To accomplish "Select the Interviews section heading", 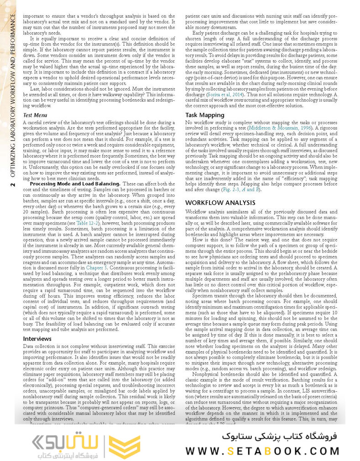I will point(37,339).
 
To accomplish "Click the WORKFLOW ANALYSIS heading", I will point(220,202).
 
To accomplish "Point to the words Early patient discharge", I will point(217,33).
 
